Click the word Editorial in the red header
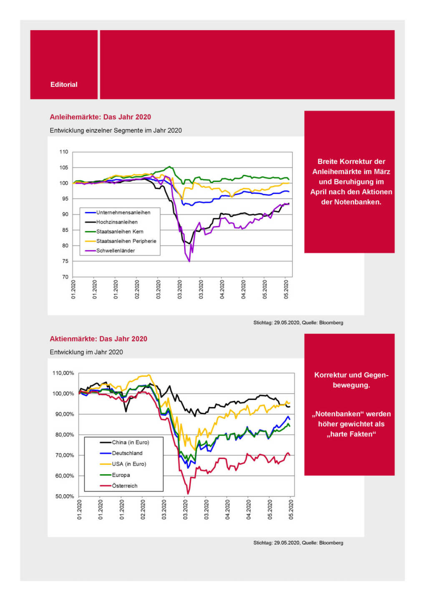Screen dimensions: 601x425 (64, 84)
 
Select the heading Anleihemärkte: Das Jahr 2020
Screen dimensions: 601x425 (100, 117)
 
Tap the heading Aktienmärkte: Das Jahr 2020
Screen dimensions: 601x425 (98, 339)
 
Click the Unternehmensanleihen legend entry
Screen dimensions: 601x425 (123, 212)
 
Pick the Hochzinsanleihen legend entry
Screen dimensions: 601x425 (117, 222)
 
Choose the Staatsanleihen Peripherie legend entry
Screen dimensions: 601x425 (126, 241)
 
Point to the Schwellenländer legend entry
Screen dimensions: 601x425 (116, 251)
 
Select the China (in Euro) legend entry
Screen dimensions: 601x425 (130, 442)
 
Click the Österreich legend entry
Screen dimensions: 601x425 (124, 486)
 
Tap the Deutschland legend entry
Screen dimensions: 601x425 (127, 453)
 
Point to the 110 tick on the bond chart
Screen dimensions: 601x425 (64, 152)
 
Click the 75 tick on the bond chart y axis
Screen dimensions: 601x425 (65, 261)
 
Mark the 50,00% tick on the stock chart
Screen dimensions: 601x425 (65, 496)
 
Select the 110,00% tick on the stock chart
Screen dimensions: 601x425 (63, 373)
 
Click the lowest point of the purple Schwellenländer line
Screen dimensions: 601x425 (189, 261)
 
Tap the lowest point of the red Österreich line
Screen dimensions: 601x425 (188, 494)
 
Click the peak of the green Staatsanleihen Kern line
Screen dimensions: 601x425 (169, 167)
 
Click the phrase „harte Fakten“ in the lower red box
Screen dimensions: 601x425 (351, 434)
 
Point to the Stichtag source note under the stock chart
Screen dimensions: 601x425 (298, 543)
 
